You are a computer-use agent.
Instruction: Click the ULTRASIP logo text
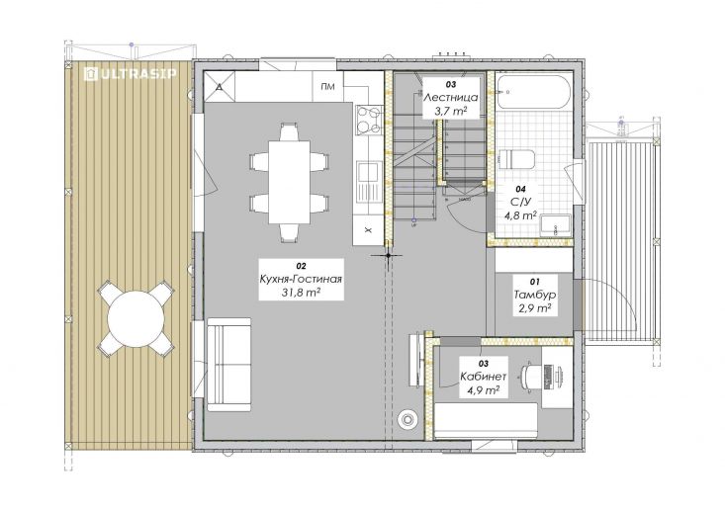coord(130,74)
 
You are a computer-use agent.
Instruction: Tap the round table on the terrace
coord(136,319)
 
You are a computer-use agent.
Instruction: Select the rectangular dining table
coord(290,182)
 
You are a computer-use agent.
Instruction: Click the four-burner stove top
coord(369,120)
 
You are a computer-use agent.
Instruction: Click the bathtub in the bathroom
coord(532,92)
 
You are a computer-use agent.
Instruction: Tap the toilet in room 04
coord(517,158)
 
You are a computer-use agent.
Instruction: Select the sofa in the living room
coord(228,364)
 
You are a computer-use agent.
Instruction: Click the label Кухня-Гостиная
coord(301,279)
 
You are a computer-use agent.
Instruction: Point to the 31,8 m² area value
coord(301,293)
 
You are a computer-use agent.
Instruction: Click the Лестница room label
coord(450,98)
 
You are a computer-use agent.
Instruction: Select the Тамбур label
coord(534,295)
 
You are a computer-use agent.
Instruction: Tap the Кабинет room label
coord(484,376)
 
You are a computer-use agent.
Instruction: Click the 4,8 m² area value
coord(520,214)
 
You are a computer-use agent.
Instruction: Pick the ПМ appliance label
coord(327,86)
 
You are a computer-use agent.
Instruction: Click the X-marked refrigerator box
coord(369,230)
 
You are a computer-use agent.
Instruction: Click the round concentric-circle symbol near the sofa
coord(408,419)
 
